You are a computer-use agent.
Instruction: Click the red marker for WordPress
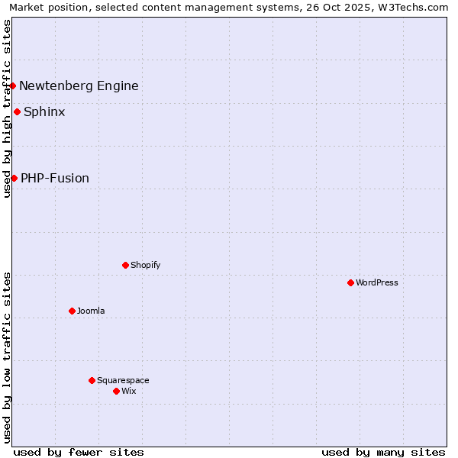tap(350, 282)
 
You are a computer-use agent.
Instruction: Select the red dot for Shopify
tap(125, 265)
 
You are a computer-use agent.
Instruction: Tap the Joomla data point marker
tap(72, 311)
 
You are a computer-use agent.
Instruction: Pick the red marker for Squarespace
tap(92, 380)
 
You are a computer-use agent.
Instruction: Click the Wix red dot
tap(116, 391)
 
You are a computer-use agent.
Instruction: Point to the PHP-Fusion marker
tap(14, 178)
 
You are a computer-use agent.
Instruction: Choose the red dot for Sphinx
tap(17, 111)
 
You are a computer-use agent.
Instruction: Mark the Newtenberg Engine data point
tap(13, 85)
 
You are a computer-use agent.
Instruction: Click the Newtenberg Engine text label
tap(79, 85)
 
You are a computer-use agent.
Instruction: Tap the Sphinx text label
tap(44, 111)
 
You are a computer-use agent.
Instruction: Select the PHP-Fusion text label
tap(55, 178)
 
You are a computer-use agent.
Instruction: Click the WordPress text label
tap(377, 282)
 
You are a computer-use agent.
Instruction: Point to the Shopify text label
tap(145, 265)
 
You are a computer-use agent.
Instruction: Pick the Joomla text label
tap(91, 311)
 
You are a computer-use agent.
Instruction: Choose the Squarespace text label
tap(123, 380)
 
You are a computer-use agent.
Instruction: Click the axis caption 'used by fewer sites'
tap(79, 452)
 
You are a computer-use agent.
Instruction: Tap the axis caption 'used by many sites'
tap(383, 452)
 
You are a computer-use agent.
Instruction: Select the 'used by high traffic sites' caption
tap(7, 108)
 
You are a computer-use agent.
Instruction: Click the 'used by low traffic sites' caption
tap(7, 357)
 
